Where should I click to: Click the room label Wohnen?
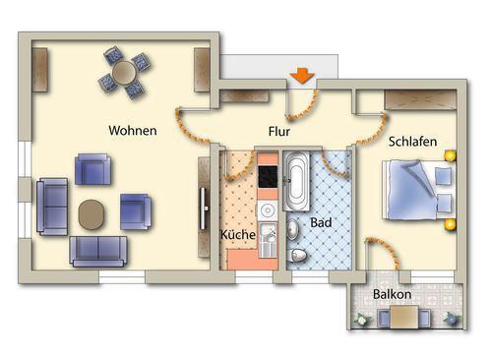pos(133,130)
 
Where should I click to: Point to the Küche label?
pos(239,235)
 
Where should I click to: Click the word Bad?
pos(321,223)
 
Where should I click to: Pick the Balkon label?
pos(393,294)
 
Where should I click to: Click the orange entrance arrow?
pos(301,76)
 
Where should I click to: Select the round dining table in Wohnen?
pos(125,73)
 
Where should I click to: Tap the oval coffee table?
pos(92,213)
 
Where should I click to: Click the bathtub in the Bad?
pos(296,182)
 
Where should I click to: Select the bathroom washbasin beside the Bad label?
pos(296,229)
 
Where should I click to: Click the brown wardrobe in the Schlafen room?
pos(417,100)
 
